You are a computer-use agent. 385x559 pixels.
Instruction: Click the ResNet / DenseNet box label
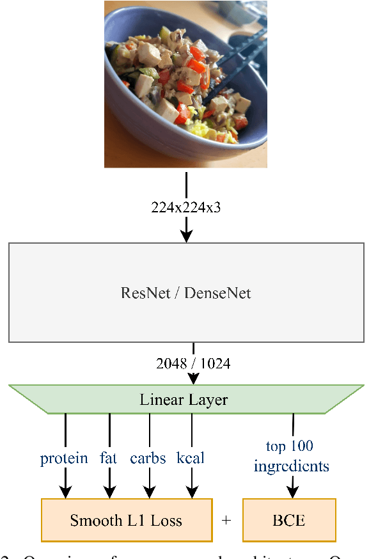pyautogui.click(x=186, y=294)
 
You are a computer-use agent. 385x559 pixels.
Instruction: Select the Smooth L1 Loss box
pyautogui.click(x=126, y=520)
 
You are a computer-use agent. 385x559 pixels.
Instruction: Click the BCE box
pyautogui.click(x=289, y=520)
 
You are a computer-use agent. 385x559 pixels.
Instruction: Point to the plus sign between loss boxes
pyautogui.click(x=226, y=521)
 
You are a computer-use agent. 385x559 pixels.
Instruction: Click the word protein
pyautogui.click(x=64, y=459)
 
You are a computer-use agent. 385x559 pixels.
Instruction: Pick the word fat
pyautogui.click(x=109, y=459)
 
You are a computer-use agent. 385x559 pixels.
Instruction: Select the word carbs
pyautogui.click(x=148, y=459)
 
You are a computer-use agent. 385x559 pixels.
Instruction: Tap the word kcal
pyautogui.click(x=191, y=459)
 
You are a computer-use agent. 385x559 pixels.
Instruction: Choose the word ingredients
pyautogui.click(x=292, y=466)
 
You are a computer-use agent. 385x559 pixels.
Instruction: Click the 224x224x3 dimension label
pyautogui.click(x=186, y=207)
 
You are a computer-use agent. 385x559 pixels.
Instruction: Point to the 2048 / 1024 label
pyautogui.click(x=193, y=364)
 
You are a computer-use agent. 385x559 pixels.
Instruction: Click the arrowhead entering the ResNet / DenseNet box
pyautogui.click(x=186, y=236)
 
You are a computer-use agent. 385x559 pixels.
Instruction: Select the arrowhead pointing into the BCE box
pyautogui.click(x=292, y=492)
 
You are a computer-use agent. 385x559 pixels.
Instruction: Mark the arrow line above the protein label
pyautogui.click(x=65, y=432)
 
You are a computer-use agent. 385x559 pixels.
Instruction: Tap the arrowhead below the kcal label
pyautogui.click(x=191, y=492)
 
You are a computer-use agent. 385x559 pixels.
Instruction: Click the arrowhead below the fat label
pyautogui.click(x=109, y=492)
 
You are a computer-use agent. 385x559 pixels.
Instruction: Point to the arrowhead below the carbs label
pyautogui.click(x=149, y=492)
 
